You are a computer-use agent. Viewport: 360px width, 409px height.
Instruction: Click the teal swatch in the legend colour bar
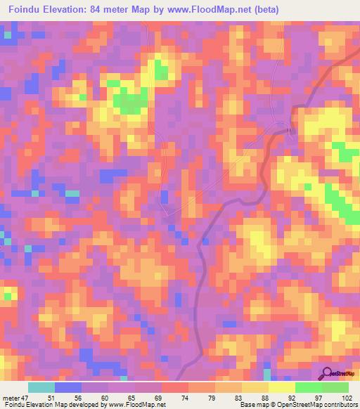pos(41,387)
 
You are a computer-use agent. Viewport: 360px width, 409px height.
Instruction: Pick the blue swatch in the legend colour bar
pos(68,387)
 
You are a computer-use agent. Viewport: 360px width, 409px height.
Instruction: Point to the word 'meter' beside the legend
pos(11,397)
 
